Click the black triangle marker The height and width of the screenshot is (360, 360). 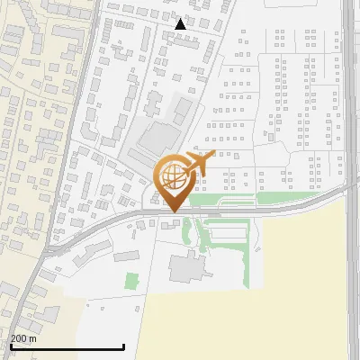tap(181, 24)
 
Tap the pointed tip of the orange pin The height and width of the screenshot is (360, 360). tap(172, 211)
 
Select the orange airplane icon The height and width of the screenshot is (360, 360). tap(200, 164)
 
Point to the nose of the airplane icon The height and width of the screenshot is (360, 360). tap(212, 155)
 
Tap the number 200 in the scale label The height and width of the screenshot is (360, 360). tap(19, 338)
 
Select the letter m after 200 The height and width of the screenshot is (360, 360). tap(33, 338)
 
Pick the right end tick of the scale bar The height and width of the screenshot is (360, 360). tap(123, 345)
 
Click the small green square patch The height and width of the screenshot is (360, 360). tap(132, 281)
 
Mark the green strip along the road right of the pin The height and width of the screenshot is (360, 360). tap(288, 198)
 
